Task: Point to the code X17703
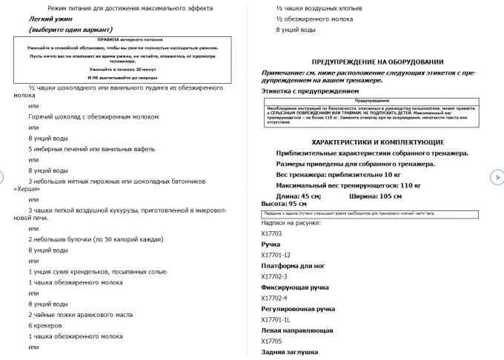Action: pos(271,233)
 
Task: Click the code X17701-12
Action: pos(276,255)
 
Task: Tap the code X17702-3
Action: pos(275,276)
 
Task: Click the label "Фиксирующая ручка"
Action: pos(295,287)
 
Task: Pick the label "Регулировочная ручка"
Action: pos(298,308)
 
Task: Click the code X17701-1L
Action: pos(275,319)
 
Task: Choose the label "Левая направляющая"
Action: pos(297,330)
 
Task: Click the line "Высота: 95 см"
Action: pos(284,203)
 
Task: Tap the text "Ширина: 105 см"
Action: pos(375,196)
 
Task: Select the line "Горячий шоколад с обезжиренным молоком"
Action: pos(90,117)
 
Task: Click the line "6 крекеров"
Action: pos(45,325)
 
